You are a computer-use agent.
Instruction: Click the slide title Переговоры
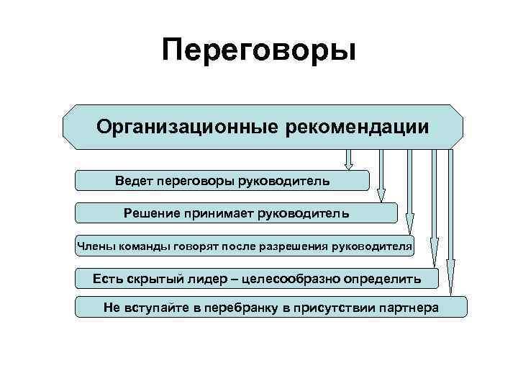259,51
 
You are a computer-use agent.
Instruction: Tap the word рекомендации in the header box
357,128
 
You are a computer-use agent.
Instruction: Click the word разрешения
298,246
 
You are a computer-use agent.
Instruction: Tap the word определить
386,278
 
